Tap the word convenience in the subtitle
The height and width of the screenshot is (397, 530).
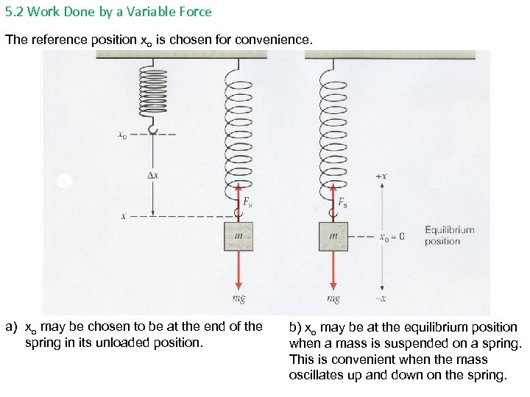point(274,40)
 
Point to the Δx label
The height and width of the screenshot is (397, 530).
point(154,176)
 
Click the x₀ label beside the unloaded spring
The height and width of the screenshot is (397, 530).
point(122,135)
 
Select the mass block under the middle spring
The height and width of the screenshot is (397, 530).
point(238,236)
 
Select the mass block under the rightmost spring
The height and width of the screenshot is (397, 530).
point(333,236)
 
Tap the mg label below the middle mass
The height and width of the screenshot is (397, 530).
point(239,299)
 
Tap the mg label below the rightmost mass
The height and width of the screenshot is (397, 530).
point(333,299)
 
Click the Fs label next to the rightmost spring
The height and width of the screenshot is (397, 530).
point(342,202)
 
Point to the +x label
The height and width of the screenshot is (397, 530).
point(381,177)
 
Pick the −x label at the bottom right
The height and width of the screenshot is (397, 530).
point(381,298)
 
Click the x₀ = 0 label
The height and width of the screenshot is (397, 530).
point(391,237)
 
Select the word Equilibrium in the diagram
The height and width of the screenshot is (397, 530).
point(449,230)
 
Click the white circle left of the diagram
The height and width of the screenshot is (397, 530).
point(65,181)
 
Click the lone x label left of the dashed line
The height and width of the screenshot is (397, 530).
point(124,217)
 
